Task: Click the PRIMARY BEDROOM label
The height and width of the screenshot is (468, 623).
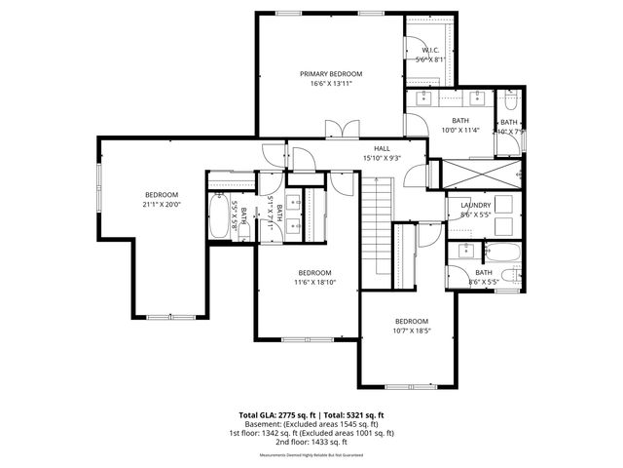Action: [331, 74]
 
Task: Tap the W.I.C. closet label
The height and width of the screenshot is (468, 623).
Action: [429, 51]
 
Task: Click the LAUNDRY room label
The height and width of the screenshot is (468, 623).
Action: [475, 205]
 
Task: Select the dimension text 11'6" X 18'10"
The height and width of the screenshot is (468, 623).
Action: [314, 283]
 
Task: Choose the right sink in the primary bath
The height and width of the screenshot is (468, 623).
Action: [477, 98]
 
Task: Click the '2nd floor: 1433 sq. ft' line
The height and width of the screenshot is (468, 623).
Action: [311, 442]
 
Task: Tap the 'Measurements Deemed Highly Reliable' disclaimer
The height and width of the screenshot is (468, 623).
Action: [311, 455]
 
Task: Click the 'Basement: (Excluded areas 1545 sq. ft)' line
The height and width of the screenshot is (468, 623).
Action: [311, 424]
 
